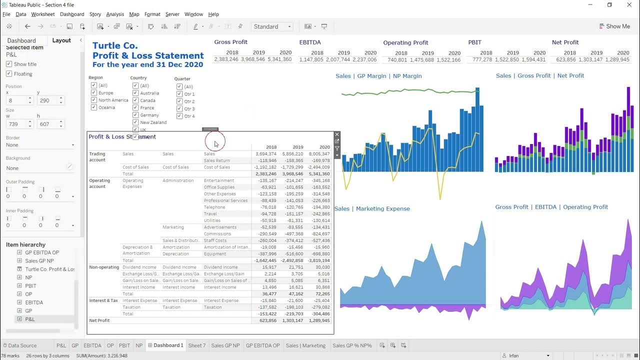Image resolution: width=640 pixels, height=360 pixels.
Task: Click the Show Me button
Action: tap(614, 26)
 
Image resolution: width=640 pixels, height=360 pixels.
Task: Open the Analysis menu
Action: tap(115, 14)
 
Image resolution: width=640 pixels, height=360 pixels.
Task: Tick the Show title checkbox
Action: tap(9, 64)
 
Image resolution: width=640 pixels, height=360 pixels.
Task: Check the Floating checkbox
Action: tap(9, 74)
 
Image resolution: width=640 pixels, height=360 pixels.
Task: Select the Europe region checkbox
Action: tap(94, 93)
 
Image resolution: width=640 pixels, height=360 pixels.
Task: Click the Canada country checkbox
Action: tap(135, 100)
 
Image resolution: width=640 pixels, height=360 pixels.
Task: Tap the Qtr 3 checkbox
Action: tap(179, 108)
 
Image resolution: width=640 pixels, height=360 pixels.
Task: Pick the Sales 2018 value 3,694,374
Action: tap(265, 154)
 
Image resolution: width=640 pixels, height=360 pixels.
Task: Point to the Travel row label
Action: tap(210, 214)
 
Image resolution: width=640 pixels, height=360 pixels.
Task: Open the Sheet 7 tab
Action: tap(197, 345)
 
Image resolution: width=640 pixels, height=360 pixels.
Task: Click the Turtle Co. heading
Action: tap(115, 46)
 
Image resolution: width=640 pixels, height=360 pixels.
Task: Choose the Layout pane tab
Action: tap(61, 40)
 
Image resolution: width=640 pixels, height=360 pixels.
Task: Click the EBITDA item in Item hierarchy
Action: tap(34, 302)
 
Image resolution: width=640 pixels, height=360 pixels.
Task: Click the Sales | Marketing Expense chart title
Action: tap(372, 209)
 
